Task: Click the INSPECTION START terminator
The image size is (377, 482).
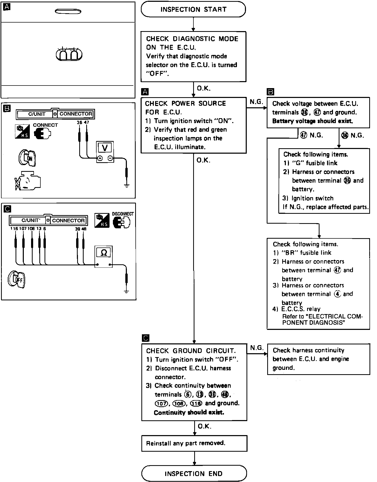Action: pos(193,10)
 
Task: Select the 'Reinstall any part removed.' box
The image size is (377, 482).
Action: pos(194,443)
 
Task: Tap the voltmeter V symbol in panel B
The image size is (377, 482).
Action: pos(105,147)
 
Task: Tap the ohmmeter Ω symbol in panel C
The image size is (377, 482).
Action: pos(104,252)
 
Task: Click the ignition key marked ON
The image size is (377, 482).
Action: pos(28,158)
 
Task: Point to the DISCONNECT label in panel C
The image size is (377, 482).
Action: pos(123,214)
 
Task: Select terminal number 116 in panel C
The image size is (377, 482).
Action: pos(14,229)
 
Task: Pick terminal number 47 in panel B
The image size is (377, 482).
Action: pos(86,122)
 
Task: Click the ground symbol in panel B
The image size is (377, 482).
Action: pos(126,186)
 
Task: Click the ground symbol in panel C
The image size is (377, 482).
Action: pos(126,292)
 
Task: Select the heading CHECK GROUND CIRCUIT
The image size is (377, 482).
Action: pos(191,351)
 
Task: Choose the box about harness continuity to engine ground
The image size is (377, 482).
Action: pos(318,359)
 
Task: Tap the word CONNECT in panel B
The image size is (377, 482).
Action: pos(45,125)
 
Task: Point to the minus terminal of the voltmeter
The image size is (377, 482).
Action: pos(110,158)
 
